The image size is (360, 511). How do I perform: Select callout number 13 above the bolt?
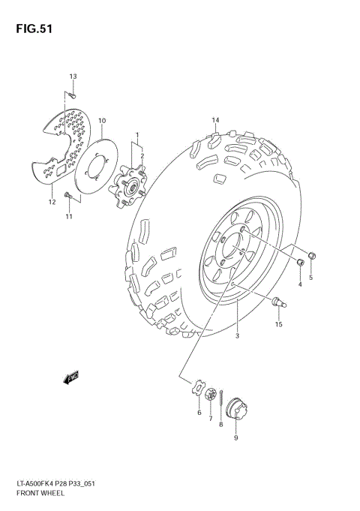[x=73, y=77]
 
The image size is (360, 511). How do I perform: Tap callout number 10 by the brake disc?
[x=102, y=121]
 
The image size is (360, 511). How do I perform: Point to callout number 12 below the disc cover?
[x=52, y=202]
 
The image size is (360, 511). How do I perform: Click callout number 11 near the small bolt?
[x=68, y=218]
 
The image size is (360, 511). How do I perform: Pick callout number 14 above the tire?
[x=215, y=121]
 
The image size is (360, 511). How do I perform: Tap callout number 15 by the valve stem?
[x=278, y=324]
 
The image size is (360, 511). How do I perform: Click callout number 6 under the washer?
[x=199, y=413]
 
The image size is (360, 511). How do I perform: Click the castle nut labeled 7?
[x=211, y=394]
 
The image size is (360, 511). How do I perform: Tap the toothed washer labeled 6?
[x=199, y=388]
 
